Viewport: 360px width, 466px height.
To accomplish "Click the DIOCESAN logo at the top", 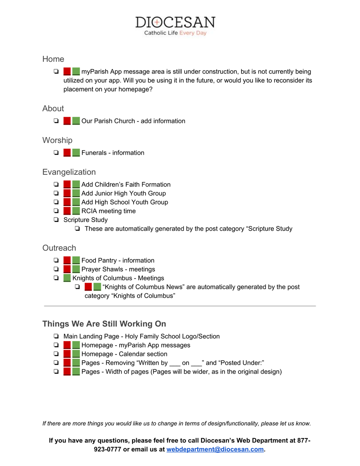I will tap(175, 22).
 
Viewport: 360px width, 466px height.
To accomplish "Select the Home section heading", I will tap(53, 59).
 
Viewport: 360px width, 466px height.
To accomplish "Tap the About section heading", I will tap(53, 108).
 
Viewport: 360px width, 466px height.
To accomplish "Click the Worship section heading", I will tap(57, 140).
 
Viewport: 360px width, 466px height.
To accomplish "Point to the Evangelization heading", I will tap(69, 172).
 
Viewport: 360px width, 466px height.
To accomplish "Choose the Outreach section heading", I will tap(59, 248).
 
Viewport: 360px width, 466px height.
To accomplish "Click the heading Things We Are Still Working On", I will tap(104, 324).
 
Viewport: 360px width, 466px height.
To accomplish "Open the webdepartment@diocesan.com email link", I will tap(215, 449).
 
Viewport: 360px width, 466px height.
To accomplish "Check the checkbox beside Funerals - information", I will tap(56, 153).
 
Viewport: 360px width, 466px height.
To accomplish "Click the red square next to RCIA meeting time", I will tap(67, 211).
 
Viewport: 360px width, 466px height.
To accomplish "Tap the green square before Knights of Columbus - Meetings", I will tap(67, 278).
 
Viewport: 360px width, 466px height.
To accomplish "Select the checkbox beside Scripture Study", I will tap(56, 220).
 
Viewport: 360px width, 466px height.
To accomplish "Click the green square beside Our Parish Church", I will tap(76, 121).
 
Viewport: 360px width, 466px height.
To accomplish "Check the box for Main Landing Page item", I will tap(56, 336).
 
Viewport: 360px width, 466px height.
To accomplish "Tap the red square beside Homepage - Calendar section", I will tap(67, 354).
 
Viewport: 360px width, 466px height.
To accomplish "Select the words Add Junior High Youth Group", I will tap(123, 193).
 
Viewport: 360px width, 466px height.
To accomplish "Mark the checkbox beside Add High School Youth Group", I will tap(56, 202).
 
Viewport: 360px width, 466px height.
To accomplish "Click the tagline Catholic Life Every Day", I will tap(175, 33).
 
